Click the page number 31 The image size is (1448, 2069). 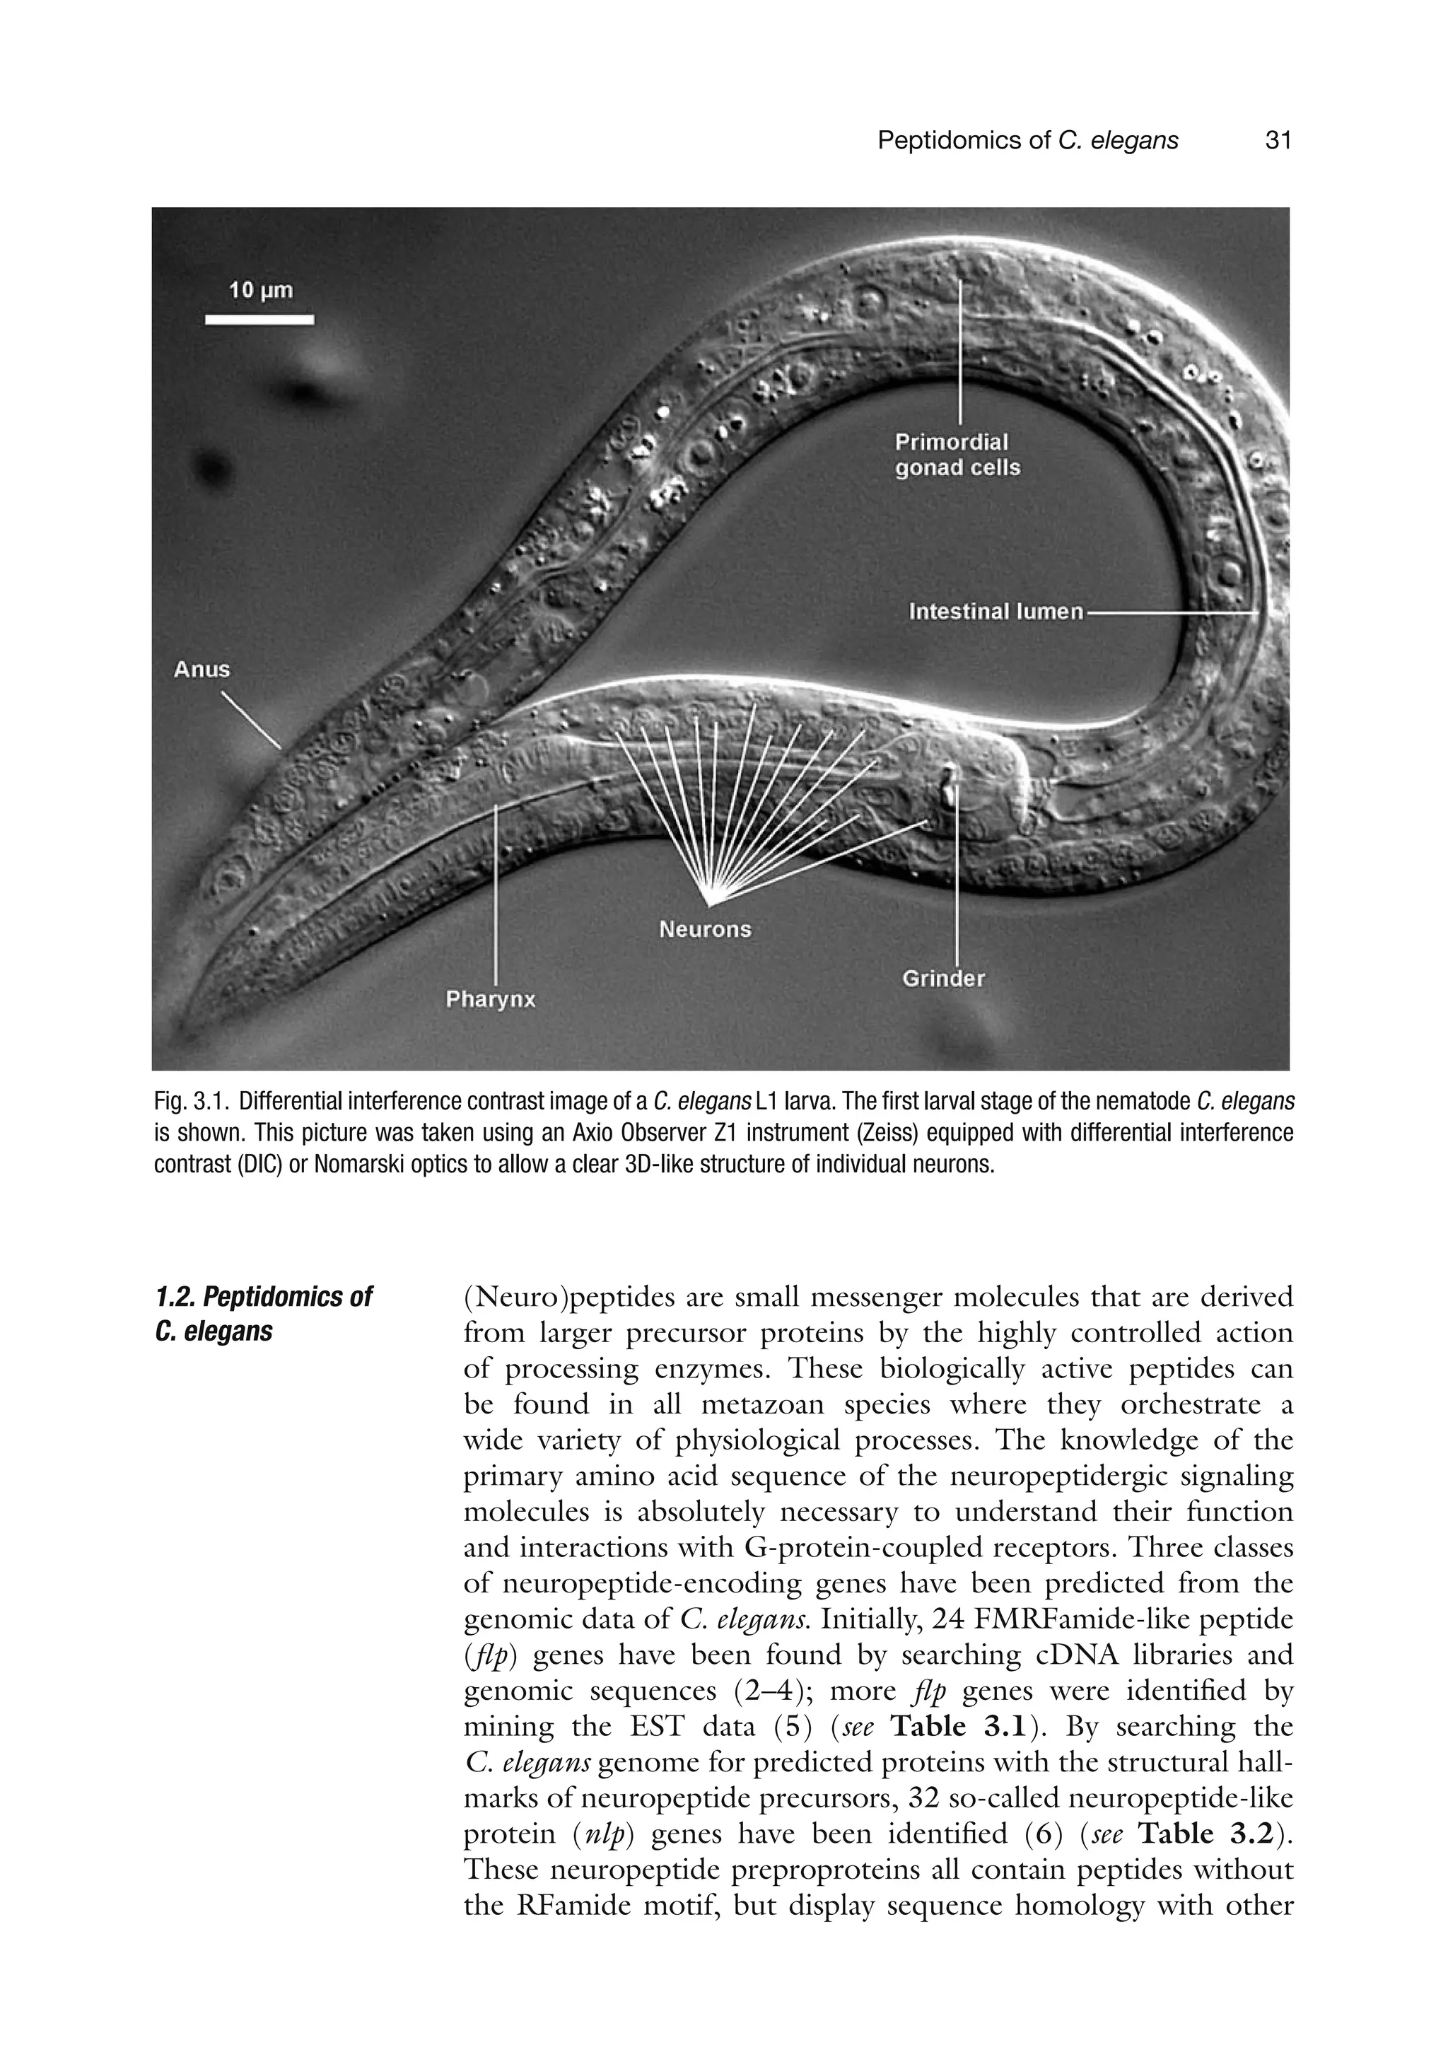pyautogui.click(x=1278, y=141)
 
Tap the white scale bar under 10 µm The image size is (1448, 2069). pyautogui.click(x=259, y=319)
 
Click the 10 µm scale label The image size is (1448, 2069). pyautogui.click(x=260, y=290)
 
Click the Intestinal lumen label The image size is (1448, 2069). pyautogui.click(x=995, y=612)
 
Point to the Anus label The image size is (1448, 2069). pyautogui.click(x=202, y=670)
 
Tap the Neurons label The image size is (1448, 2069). pyautogui.click(x=705, y=929)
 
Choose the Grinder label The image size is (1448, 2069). pyautogui.click(x=943, y=979)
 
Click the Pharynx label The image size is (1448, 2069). pyautogui.click(x=491, y=999)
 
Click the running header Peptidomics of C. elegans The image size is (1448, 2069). pyautogui.click(x=1027, y=141)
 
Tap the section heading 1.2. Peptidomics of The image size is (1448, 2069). pyautogui.click(x=263, y=1298)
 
